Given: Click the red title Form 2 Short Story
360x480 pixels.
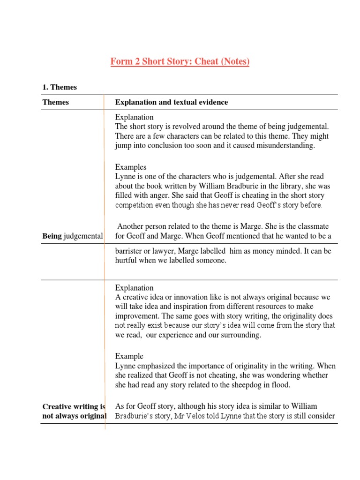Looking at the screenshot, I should click(x=180, y=61).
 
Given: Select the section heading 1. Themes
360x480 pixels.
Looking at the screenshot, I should click(x=60, y=87).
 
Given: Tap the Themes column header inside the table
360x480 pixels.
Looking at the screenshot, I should click(x=55, y=102).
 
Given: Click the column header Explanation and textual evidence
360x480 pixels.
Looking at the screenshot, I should click(x=172, y=102).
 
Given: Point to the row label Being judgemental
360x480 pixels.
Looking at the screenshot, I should click(x=73, y=236).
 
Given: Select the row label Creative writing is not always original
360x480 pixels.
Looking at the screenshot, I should click(x=74, y=411).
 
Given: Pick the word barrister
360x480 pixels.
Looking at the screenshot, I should click(x=130, y=251).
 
